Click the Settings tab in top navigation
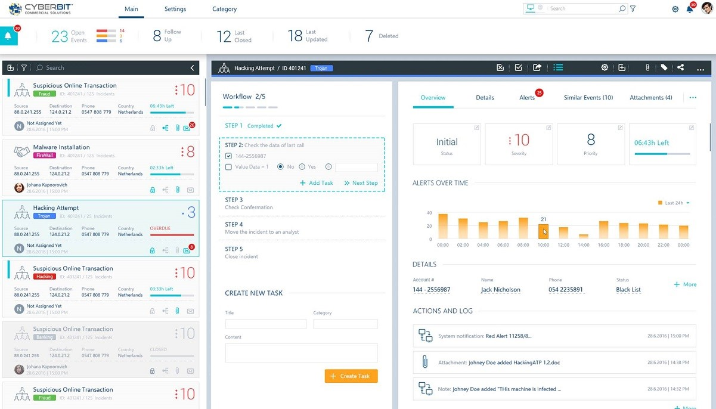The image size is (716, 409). [x=175, y=9]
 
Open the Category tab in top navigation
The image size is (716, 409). [x=224, y=9]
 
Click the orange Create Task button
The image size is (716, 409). [x=351, y=376]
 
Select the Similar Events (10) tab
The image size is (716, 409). [x=588, y=98]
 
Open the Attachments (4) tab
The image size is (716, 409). [x=650, y=98]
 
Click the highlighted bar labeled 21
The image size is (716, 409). [x=543, y=231]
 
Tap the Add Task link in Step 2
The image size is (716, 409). [x=317, y=183]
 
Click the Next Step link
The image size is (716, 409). [x=361, y=183]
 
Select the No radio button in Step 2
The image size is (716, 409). [x=281, y=167]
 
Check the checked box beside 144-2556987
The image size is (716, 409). [x=229, y=156]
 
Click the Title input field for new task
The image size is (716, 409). [x=265, y=324]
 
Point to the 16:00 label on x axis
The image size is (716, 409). [x=603, y=245]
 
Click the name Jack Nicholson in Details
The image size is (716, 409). [x=500, y=290]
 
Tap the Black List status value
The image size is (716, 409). [x=628, y=290]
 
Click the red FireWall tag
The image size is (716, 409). [x=45, y=156]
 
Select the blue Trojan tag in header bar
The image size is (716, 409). [x=321, y=68]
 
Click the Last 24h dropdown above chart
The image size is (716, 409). [x=674, y=203]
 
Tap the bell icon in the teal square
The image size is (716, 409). [x=8, y=36]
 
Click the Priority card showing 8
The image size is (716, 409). [x=590, y=144]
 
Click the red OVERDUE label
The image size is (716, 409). [x=160, y=228]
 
